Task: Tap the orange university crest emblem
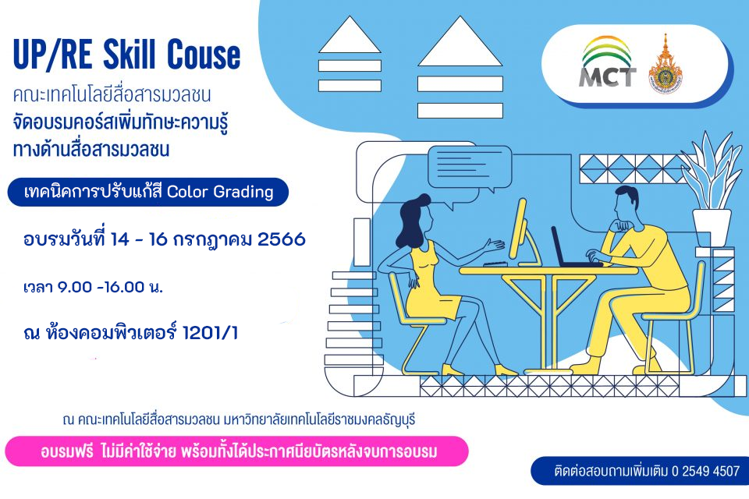[666, 64]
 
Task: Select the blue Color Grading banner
[148, 192]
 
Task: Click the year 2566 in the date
[282, 239]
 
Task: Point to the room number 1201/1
[211, 333]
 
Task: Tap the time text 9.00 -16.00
[101, 287]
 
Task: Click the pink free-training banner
[237, 451]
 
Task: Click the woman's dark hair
[414, 221]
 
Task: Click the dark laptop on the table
[571, 247]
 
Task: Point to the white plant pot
[712, 228]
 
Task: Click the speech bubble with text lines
[470, 168]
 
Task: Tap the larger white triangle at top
[460, 41]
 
